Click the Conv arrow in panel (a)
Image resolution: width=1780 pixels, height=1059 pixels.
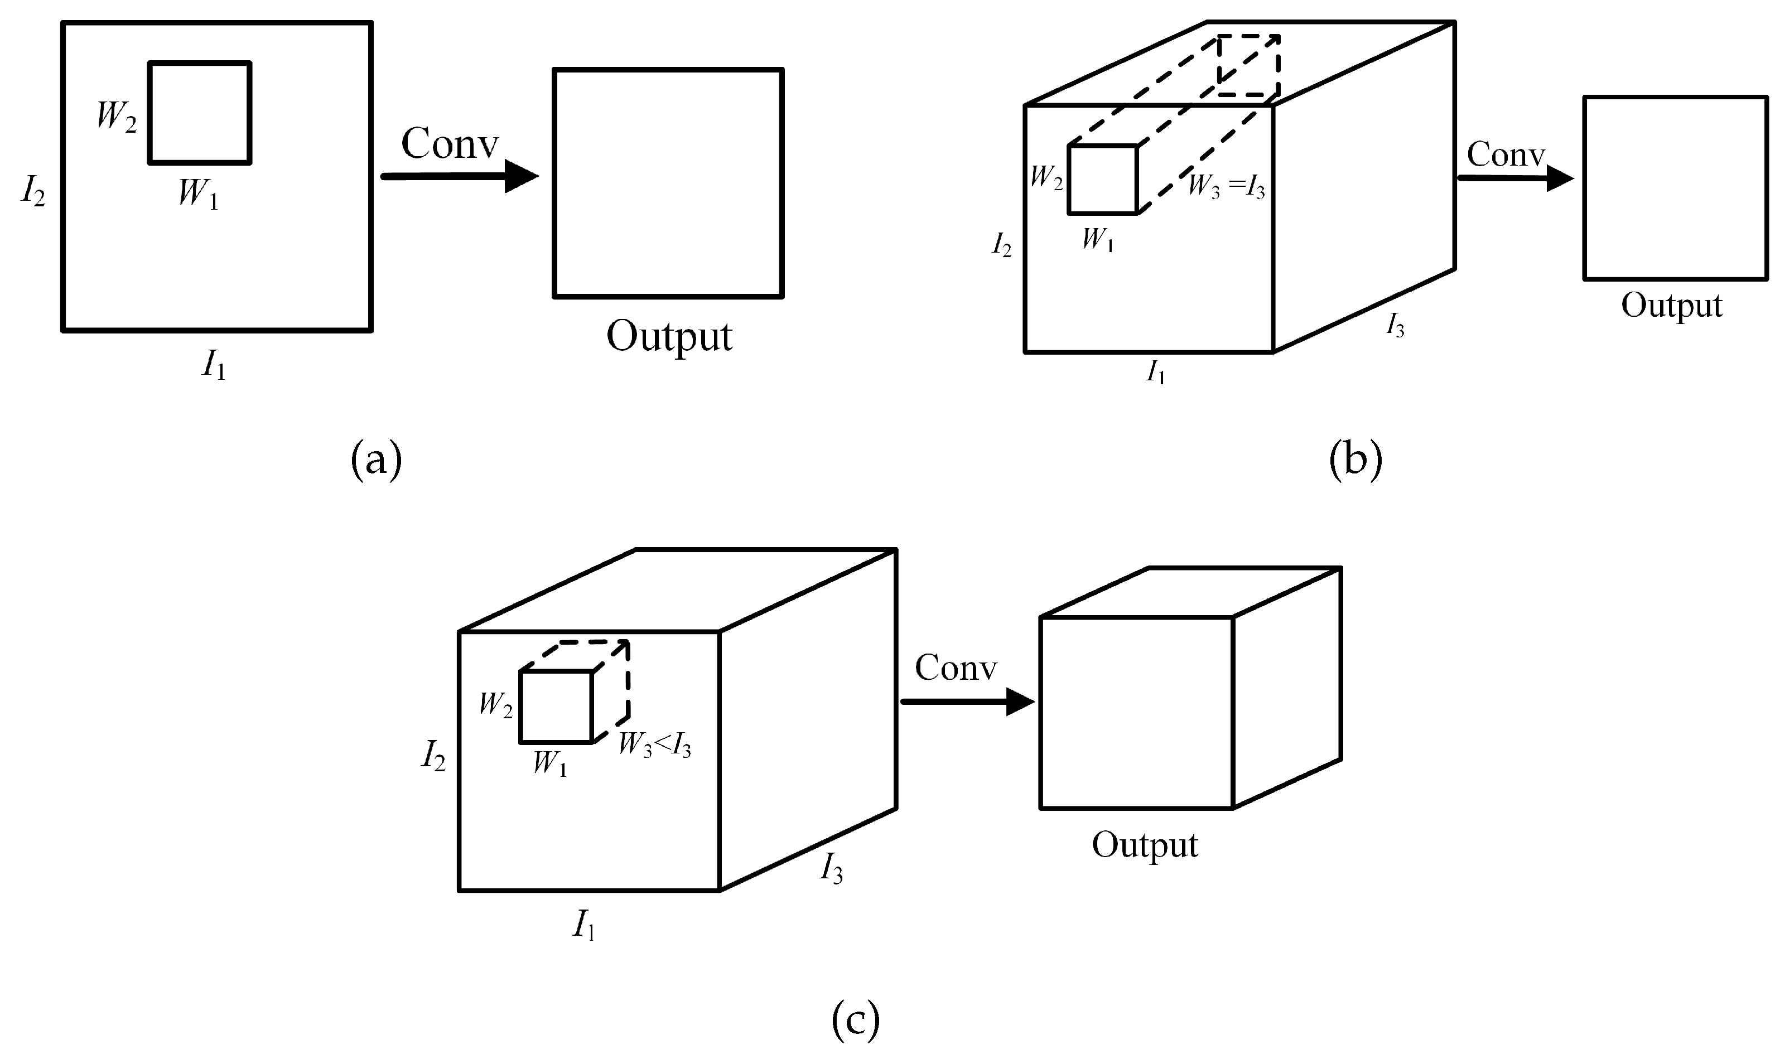[x=460, y=176]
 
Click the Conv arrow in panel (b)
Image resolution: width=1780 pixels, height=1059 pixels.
[x=1514, y=178]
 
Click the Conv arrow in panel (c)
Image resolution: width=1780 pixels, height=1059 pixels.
[x=967, y=702]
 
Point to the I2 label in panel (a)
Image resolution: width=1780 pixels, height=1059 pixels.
[x=33, y=191]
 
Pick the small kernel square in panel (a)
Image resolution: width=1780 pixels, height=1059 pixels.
[x=200, y=113]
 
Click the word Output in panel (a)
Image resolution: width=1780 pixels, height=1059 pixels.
[x=669, y=336]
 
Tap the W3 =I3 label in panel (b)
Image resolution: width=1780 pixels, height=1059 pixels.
[x=1226, y=187]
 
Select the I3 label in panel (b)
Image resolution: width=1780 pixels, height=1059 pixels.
[x=1395, y=326]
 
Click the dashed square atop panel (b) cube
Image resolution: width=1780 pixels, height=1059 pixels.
[x=1248, y=66]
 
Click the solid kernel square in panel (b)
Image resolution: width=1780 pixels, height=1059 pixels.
[x=1102, y=179]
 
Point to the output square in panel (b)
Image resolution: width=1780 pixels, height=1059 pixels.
[x=1675, y=188]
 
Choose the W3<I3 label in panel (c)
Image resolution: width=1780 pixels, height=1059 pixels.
[x=654, y=745]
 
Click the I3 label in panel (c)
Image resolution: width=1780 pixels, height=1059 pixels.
[x=832, y=870]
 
